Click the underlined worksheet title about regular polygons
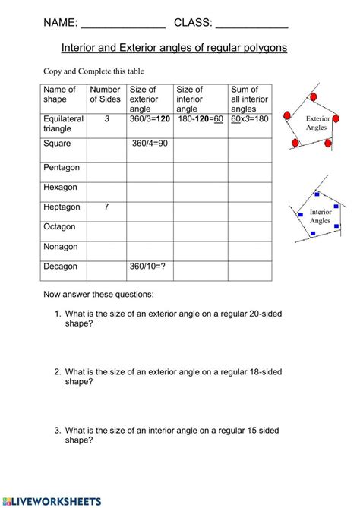[174, 47]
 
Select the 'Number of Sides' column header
[105, 94]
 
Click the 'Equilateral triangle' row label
[63, 124]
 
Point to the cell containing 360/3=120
[149, 119]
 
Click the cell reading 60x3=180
[249, 119]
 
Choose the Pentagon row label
[62, 167]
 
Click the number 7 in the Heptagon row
[106, 207]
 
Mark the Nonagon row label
[62, 247]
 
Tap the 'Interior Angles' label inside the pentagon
[320, 216]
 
